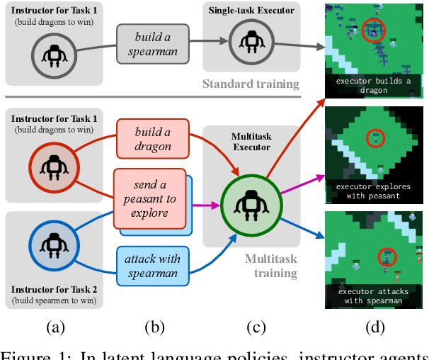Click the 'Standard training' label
[x=251, y=84]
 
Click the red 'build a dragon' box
[x=153, y=140]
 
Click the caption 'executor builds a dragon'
[x=373, y=86]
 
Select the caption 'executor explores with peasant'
[x=373, y=191]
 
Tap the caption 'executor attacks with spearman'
[x=373, y=296]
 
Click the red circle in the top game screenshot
[x=372, y=30]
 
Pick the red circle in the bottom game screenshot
[x=386, y=256]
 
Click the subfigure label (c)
[x=255, y=328]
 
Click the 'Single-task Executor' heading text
[x=250, y=11]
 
